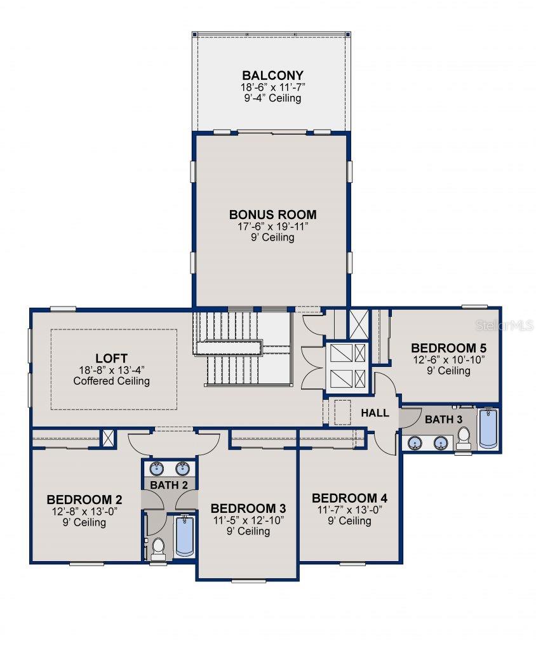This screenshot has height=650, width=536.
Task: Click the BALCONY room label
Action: tap(272, 76)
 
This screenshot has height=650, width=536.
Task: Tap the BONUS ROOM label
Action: tap(272, 215)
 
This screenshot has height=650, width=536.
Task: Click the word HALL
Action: tap(375, 413)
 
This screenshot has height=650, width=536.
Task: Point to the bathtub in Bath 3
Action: tap(488, 429)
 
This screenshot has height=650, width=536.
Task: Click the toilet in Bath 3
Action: tap(464, 437)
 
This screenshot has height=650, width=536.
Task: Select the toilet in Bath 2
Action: tap(158, 547)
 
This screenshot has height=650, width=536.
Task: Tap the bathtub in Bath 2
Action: tap(185, 536)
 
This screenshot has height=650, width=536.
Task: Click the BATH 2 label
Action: tap(168, 484)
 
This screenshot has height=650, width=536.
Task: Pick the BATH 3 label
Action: tap(443, 420)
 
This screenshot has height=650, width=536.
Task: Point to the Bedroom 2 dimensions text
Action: tap(84, 511)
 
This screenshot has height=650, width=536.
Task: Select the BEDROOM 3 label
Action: tap(248, 508)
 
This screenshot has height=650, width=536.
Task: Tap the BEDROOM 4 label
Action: tap(349, 498)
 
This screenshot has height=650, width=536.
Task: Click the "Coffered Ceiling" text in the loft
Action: tap(112, 381)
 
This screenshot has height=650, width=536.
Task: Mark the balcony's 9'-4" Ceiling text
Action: tap(272, 98)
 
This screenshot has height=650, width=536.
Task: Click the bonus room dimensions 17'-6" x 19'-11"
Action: tap(272, 226)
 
